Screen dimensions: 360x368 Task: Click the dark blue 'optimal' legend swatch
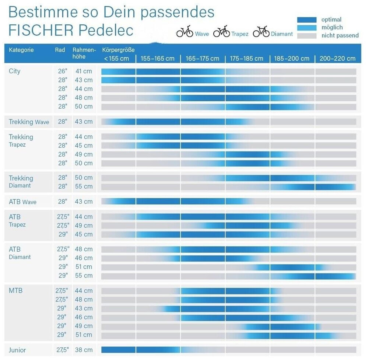(306, 20)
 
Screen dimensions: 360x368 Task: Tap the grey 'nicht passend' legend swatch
(306, 36)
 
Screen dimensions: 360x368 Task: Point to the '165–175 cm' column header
(202, 59)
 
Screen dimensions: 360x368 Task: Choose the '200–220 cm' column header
(337, 59)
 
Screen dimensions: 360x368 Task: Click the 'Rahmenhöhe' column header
(84, 53)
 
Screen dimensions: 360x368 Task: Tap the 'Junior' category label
(17, 350)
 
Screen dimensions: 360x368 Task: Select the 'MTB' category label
(15, 291)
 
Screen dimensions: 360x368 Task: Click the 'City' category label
(14, 71)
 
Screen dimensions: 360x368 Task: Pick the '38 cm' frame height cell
(84, 350)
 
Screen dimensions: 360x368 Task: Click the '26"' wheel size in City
(63, 71)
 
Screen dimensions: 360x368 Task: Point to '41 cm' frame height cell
(84, 71)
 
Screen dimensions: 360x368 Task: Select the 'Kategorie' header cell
(21, 50)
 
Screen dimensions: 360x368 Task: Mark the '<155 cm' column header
(116, 59)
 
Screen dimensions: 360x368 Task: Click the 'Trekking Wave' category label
(29, 122)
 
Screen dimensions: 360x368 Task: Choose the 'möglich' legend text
(332, 28)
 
